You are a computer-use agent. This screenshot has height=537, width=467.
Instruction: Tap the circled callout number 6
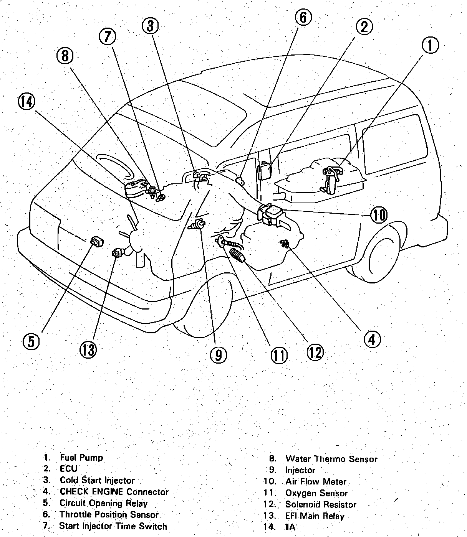click(303, 17)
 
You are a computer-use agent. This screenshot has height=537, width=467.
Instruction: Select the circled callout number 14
click(26, 102)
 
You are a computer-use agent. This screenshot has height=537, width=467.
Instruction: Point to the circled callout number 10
click(378, 215)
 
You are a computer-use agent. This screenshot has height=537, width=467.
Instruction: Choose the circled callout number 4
click(372, 339)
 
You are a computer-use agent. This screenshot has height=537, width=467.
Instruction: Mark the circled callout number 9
click(218, 355)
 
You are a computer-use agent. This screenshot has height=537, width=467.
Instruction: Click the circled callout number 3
click(150, 26)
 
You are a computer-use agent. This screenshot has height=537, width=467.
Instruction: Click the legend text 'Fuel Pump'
click(81, 458)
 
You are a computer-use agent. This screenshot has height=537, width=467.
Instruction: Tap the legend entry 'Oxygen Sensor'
click(316, 493)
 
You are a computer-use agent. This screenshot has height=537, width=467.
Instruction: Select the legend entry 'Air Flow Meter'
click(316, 482)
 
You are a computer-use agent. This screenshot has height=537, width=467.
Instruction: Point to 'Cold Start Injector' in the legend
click(97, 480)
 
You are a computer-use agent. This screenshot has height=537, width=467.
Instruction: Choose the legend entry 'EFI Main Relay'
click(315, 516)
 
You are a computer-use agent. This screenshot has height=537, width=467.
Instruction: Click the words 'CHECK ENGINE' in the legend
click(91, 492)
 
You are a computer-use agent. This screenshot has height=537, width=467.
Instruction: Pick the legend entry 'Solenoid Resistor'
click(321, 505)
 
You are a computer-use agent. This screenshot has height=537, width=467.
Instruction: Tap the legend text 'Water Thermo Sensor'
click(331, 459)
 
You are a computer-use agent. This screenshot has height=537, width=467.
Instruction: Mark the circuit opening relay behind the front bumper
click(96, 242)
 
